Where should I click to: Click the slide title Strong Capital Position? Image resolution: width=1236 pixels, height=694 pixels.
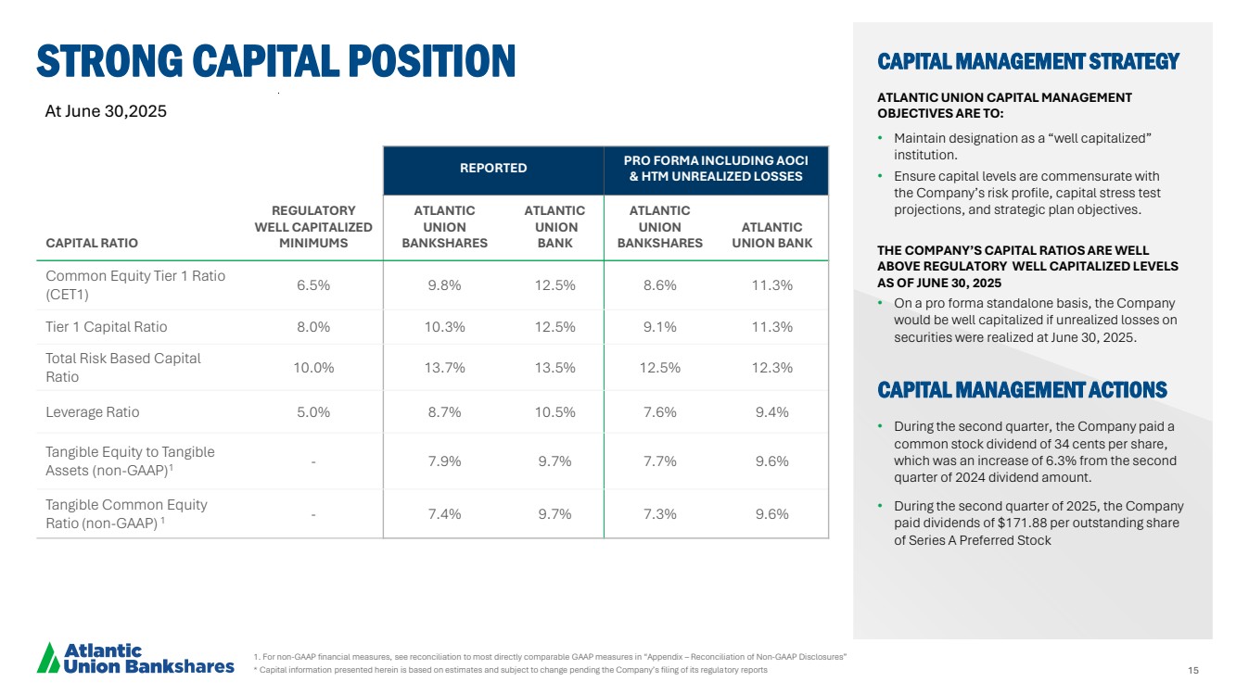click(x=275, y=61)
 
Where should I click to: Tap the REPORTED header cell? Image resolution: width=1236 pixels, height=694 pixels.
click(x=493, y=168)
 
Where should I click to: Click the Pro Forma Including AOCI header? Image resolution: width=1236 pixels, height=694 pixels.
click(x=716, y=168)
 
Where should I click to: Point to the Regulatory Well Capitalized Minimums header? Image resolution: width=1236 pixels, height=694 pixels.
click(x=313, y=227)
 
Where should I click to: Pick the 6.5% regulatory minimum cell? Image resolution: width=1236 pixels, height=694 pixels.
click(x=313, y=285)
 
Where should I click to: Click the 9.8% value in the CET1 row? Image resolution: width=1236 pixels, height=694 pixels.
click(x=444, y=285)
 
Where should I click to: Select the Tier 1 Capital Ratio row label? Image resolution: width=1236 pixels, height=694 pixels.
click(x=107, y=326)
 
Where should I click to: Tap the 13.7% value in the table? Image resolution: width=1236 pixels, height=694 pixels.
click(x=444, y=368)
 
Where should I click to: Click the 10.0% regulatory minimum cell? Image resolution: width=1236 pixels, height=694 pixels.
click(x=313, y=368)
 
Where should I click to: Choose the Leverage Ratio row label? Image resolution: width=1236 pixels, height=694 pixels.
click(x=93, y=412)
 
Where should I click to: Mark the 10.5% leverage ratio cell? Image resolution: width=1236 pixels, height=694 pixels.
click(x=554, y=412)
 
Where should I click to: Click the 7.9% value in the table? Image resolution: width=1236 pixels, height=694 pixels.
click(x=444, y=461)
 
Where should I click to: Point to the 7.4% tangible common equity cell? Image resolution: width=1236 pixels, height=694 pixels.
click(x=444, y=514)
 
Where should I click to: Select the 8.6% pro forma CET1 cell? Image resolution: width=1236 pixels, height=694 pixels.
click(x=659, y=285)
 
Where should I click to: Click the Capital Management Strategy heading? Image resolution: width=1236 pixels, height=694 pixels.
click(x=1027, y=62)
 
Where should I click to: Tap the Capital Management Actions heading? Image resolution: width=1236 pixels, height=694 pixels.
click(x=1022, y=390)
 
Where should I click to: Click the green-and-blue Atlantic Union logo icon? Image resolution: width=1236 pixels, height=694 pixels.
click(x=47, y=657)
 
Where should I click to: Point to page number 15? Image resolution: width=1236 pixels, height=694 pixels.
click(x=1192, y=670)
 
